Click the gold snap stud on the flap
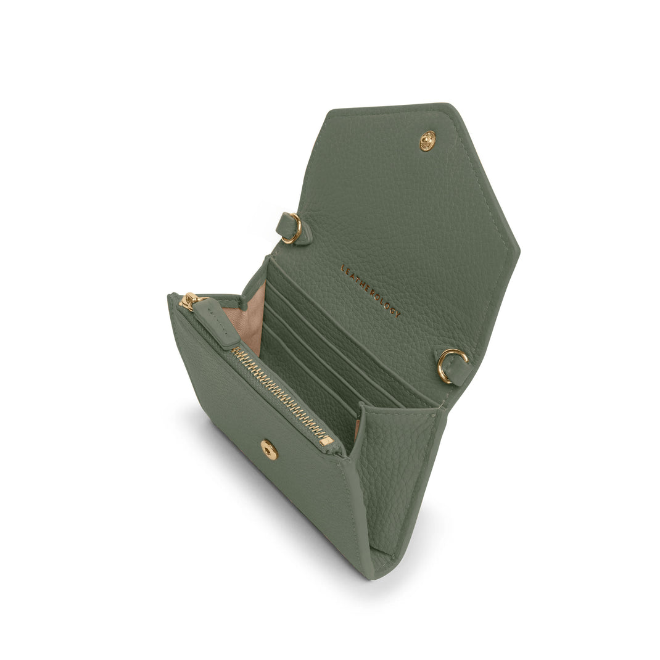click(427, 141)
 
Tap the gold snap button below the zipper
click(269, 450)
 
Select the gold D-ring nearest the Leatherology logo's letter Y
click(452, 365)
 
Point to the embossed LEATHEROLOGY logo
click(370, 291)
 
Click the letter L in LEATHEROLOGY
click(343, 268)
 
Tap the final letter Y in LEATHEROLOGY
click(398, 314)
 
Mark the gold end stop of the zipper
click(326, 440)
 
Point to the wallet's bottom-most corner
click(370, 577)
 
